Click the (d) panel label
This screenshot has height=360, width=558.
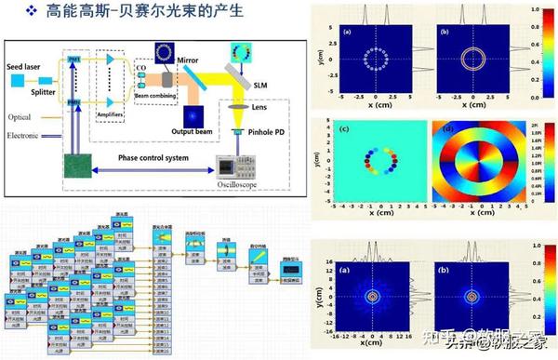[446, 127]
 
